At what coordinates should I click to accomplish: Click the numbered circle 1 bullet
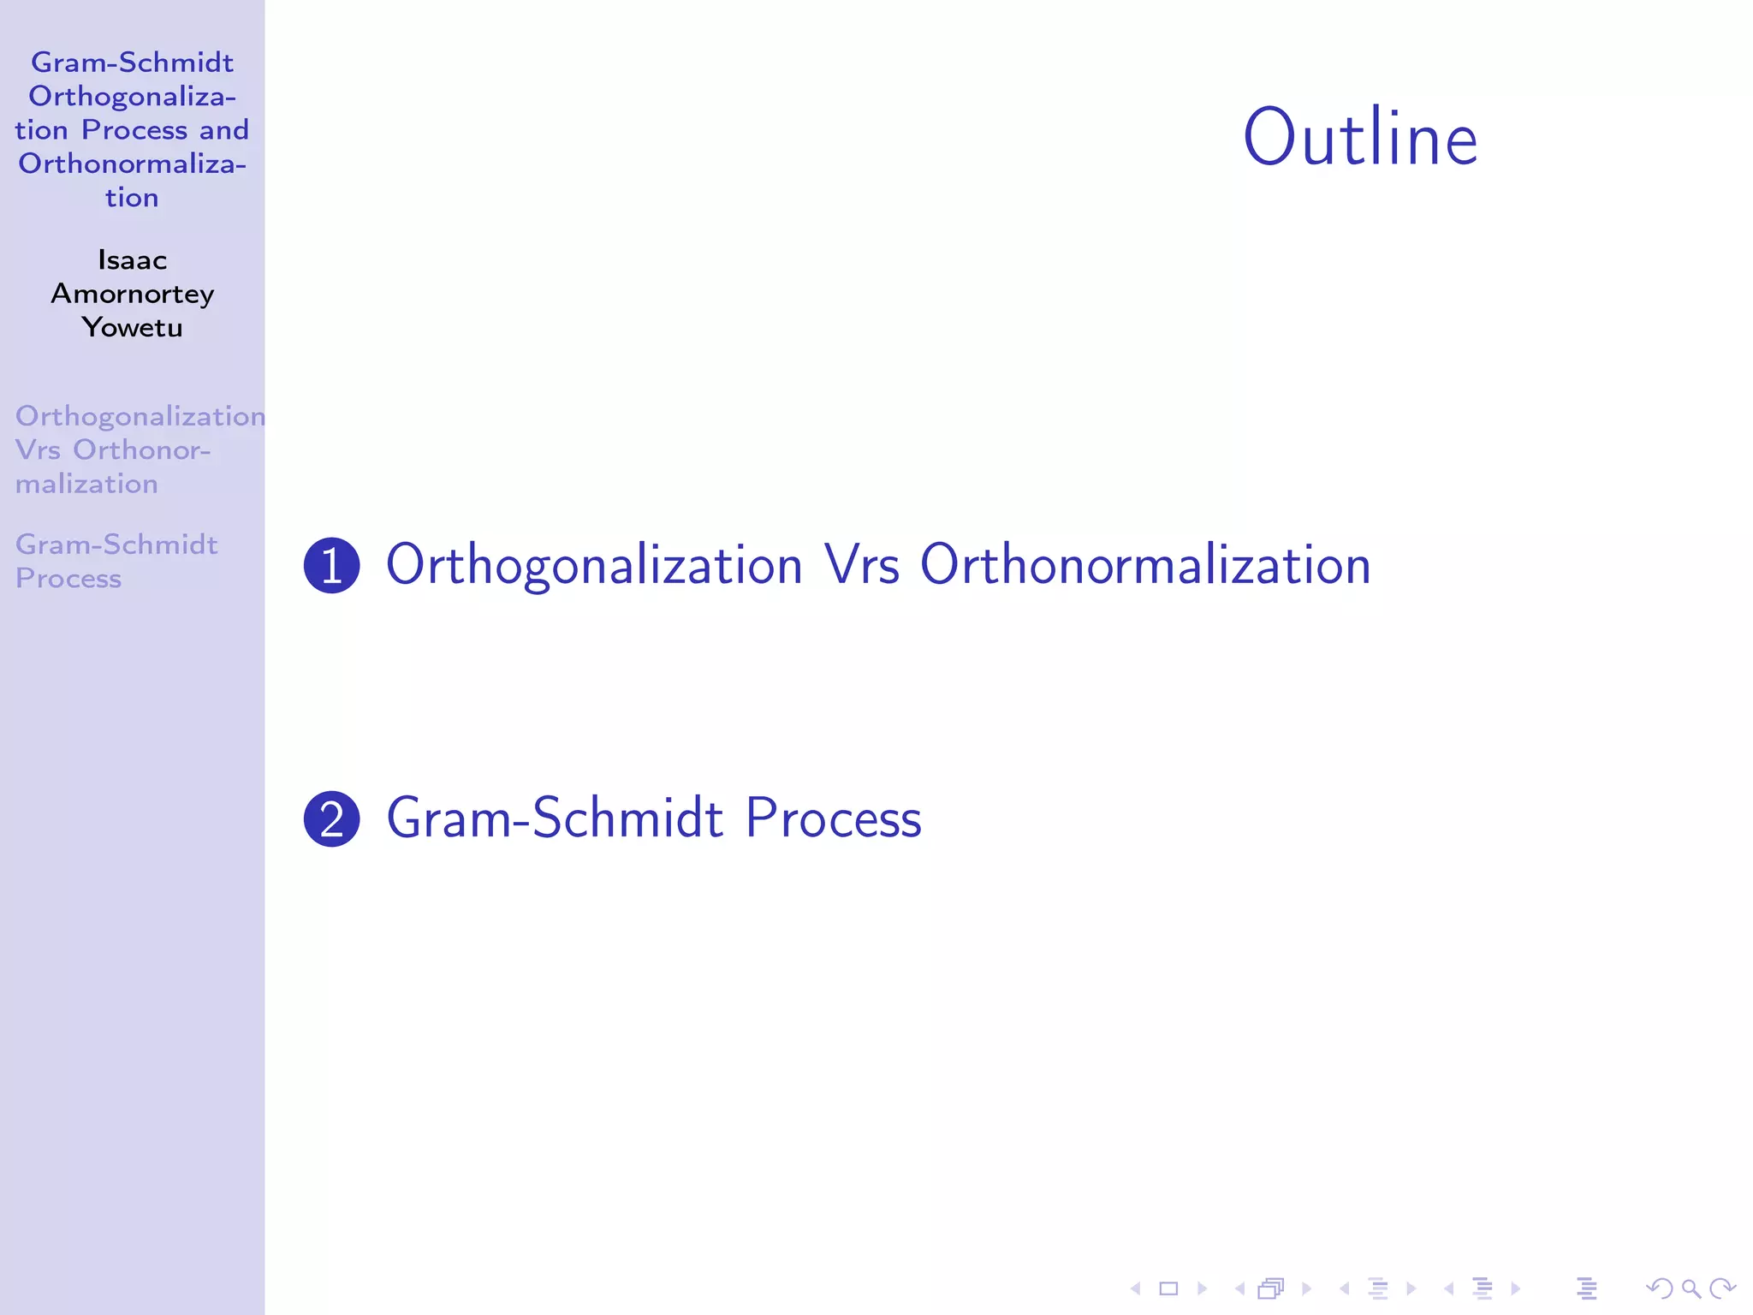coord(332,566)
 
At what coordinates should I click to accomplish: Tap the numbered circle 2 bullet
coord(332,818)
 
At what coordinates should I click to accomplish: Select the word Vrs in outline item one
coord(862,566)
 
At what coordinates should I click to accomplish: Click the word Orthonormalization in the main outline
coord(1145,566)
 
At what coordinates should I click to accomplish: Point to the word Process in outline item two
coord(833,818)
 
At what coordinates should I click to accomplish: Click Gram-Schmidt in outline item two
coord(555,818)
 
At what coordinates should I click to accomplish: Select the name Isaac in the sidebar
coord(132,259)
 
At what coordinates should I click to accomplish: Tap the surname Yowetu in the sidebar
coord(132,327)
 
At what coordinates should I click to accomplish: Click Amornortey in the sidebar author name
coord(132,294)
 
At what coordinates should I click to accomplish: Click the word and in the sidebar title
coord(224,130)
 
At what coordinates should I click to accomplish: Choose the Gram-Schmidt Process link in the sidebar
coord(116,561)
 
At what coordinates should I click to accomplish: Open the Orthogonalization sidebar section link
coord(140,416)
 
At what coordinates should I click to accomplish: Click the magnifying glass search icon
coord(1691,1288)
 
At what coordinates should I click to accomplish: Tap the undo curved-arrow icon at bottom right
coord(1659,1288)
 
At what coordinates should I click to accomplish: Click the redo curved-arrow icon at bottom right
coord(1722,1288)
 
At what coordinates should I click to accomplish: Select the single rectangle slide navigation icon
coord(1168,1288)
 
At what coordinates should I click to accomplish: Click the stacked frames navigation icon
coord(1271,1288)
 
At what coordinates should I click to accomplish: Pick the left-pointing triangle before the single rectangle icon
coord(1136,1288)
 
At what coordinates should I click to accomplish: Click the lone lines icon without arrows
coord(1586,1288)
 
